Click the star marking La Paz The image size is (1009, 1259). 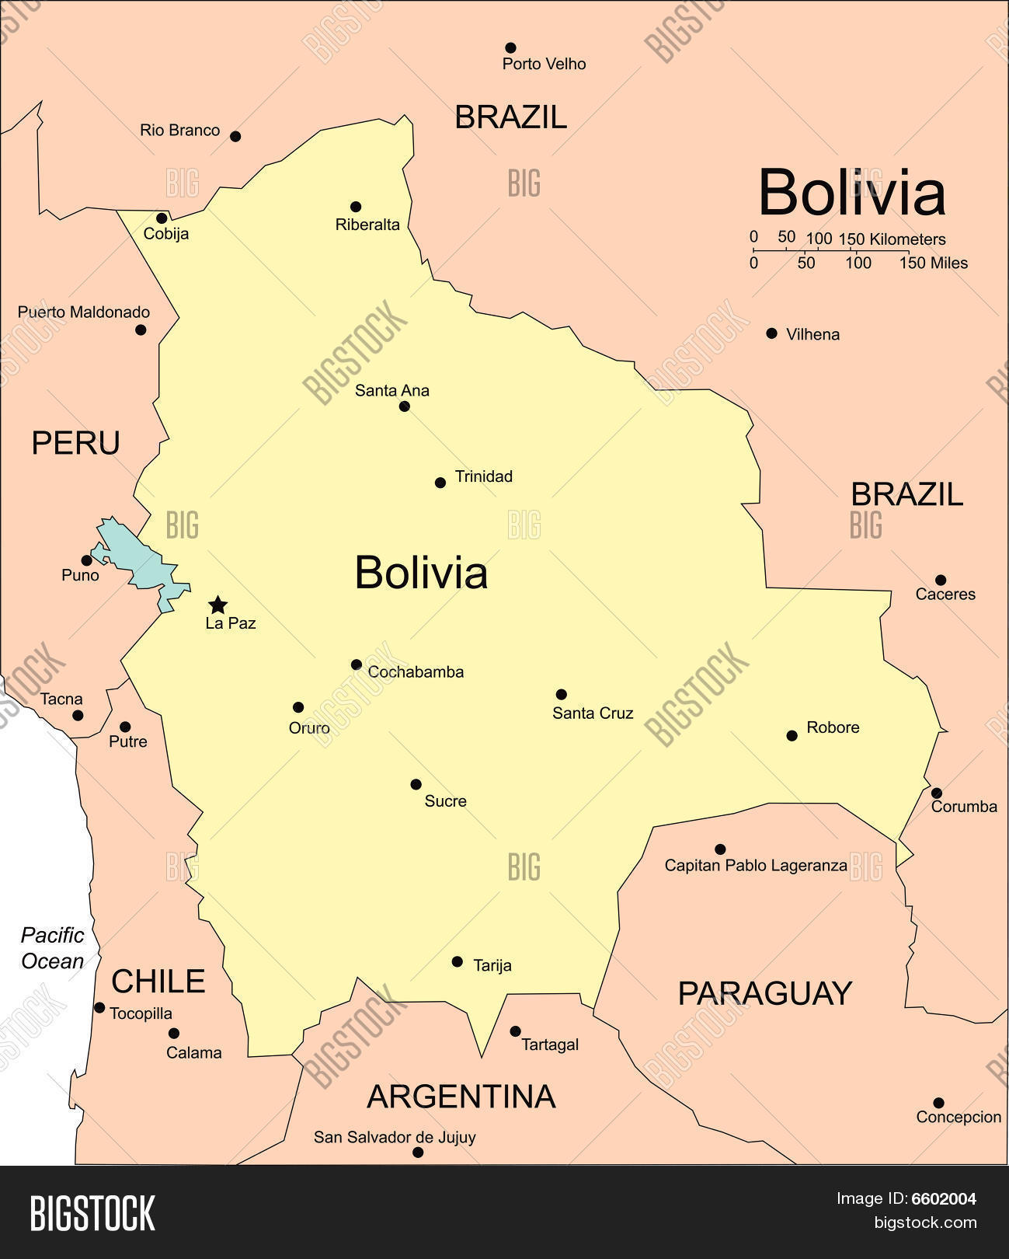click(x=218, y=605)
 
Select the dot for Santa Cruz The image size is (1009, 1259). click(x=561, y=694)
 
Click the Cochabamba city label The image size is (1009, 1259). click(x=416, y=672)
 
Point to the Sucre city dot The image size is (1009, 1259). click(x=416, y=784)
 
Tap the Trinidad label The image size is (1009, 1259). click(x=483, y=476)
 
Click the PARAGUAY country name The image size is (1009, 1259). click(x=764, y=993)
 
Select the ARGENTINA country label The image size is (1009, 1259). click(x=461, y=1097)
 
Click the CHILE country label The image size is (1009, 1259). click(x=158, y=982)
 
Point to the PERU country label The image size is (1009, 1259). click(x=75, y=443)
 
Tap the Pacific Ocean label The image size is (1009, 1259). click(x=52, y=948)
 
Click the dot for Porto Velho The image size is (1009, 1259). click(x=510, y=47)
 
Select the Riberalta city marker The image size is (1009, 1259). click(x=356, y=207)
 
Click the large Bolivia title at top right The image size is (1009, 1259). click(x=851, y=192)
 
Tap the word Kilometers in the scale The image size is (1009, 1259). click(x=907, y=239)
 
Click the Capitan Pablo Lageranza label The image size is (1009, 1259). click(x=755, y=865)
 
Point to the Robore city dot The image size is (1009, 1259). click(x=792, y=735)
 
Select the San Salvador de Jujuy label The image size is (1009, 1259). click(x=395, y=1137)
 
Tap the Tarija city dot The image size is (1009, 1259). click(x=457, y=961)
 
